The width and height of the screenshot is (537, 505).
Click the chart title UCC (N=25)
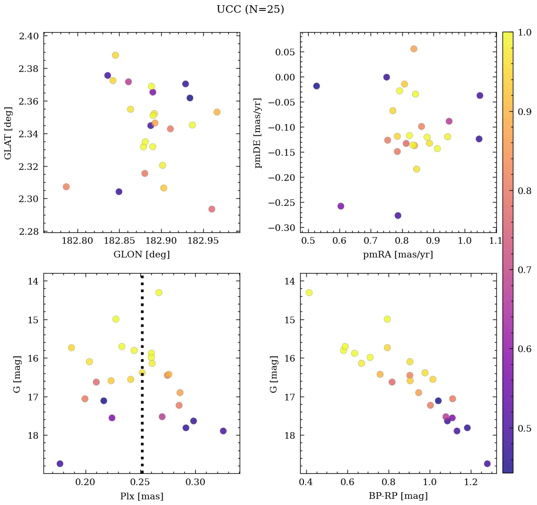pyautogui.click(x=250, y=9)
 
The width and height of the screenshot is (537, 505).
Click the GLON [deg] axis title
pyautogui.click(x=141, y=255)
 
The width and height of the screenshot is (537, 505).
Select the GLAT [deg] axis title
pyautogui.click(x=8, y=133)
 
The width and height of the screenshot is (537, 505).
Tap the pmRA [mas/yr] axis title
pyautogui.click(x=398, y=255)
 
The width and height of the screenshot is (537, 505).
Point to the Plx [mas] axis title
pyautogui.click(x=141, y=496)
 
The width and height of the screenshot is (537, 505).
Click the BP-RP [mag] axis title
pyautogui.click(x=398, y=496)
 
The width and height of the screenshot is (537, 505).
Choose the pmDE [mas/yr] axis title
pyautogui.click(x=258, y=133)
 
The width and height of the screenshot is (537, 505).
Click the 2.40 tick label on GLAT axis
pyautogui.click(x=29, y=36)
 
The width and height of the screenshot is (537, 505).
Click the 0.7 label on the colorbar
pyautogui.click(x=524, y=270)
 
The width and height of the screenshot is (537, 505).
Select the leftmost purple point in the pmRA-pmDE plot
pyautogui.click(x=316, y=86)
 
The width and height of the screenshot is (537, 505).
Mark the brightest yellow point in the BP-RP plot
pyautogui.click(x=309, y=292)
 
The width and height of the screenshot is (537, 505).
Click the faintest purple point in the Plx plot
pyautogui.click(x=60, y=464)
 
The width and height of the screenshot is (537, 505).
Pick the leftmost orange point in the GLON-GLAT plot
pyautogui.click(x=66, y=187)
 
